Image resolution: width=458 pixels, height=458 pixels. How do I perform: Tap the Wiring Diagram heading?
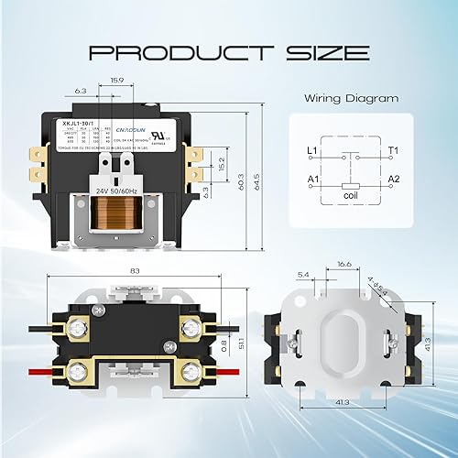[x=351, y=98]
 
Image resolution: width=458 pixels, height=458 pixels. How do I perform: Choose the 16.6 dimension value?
[x=344, y=262]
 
